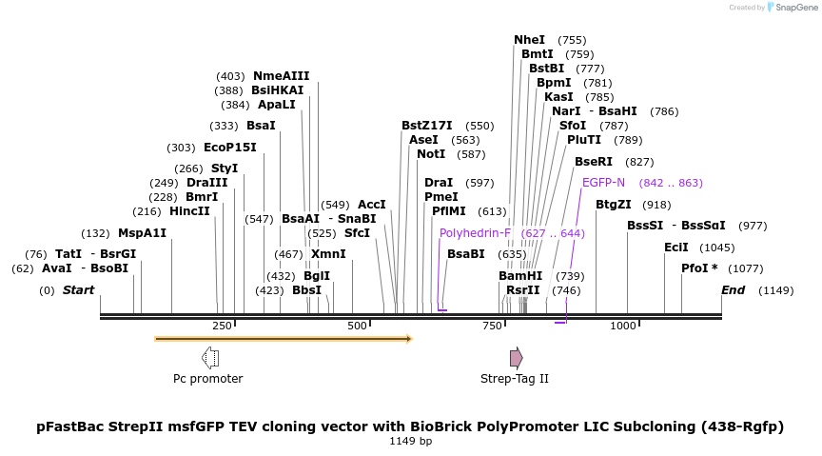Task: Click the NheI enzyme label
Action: pyautogui.click(x=529, y=40)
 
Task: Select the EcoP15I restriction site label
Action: pyautogui.click(x=230, y=148)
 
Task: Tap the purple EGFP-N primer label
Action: pyautogui.click(x=603, y=183)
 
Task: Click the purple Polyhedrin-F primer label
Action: pyautogui.click(x=475, y=233)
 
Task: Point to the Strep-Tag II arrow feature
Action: pyautogui.click(x=516, y=358)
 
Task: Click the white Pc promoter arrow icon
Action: pyautogui.click(x=210, y=358)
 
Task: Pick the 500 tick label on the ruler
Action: pyautogui.click(x=357, y=326)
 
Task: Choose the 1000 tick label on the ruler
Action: pyautogui.click(x=623, y=326)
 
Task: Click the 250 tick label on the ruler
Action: pyautogui.click(x=222, y=326)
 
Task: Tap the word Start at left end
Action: pyautogui.click(x=78, y=290)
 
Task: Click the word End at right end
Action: pyautogui.click(x=733, y=290)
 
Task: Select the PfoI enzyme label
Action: pyautogui.click(x=695, y=268)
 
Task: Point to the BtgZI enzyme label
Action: pyautogui.click(x=614, y=205)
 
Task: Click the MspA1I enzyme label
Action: pyautogui.click(x=142, y=233)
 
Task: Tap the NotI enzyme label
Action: pyautogui.click(x=431, y=154)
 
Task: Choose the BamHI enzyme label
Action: pyautogui.click(x=520, y=276)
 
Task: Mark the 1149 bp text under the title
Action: pyautogui.click(x=410, y=441)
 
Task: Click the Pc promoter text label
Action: pyautogui.click(x=207, y=379)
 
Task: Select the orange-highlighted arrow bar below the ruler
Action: pyautogui.click(x=283, y=338)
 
